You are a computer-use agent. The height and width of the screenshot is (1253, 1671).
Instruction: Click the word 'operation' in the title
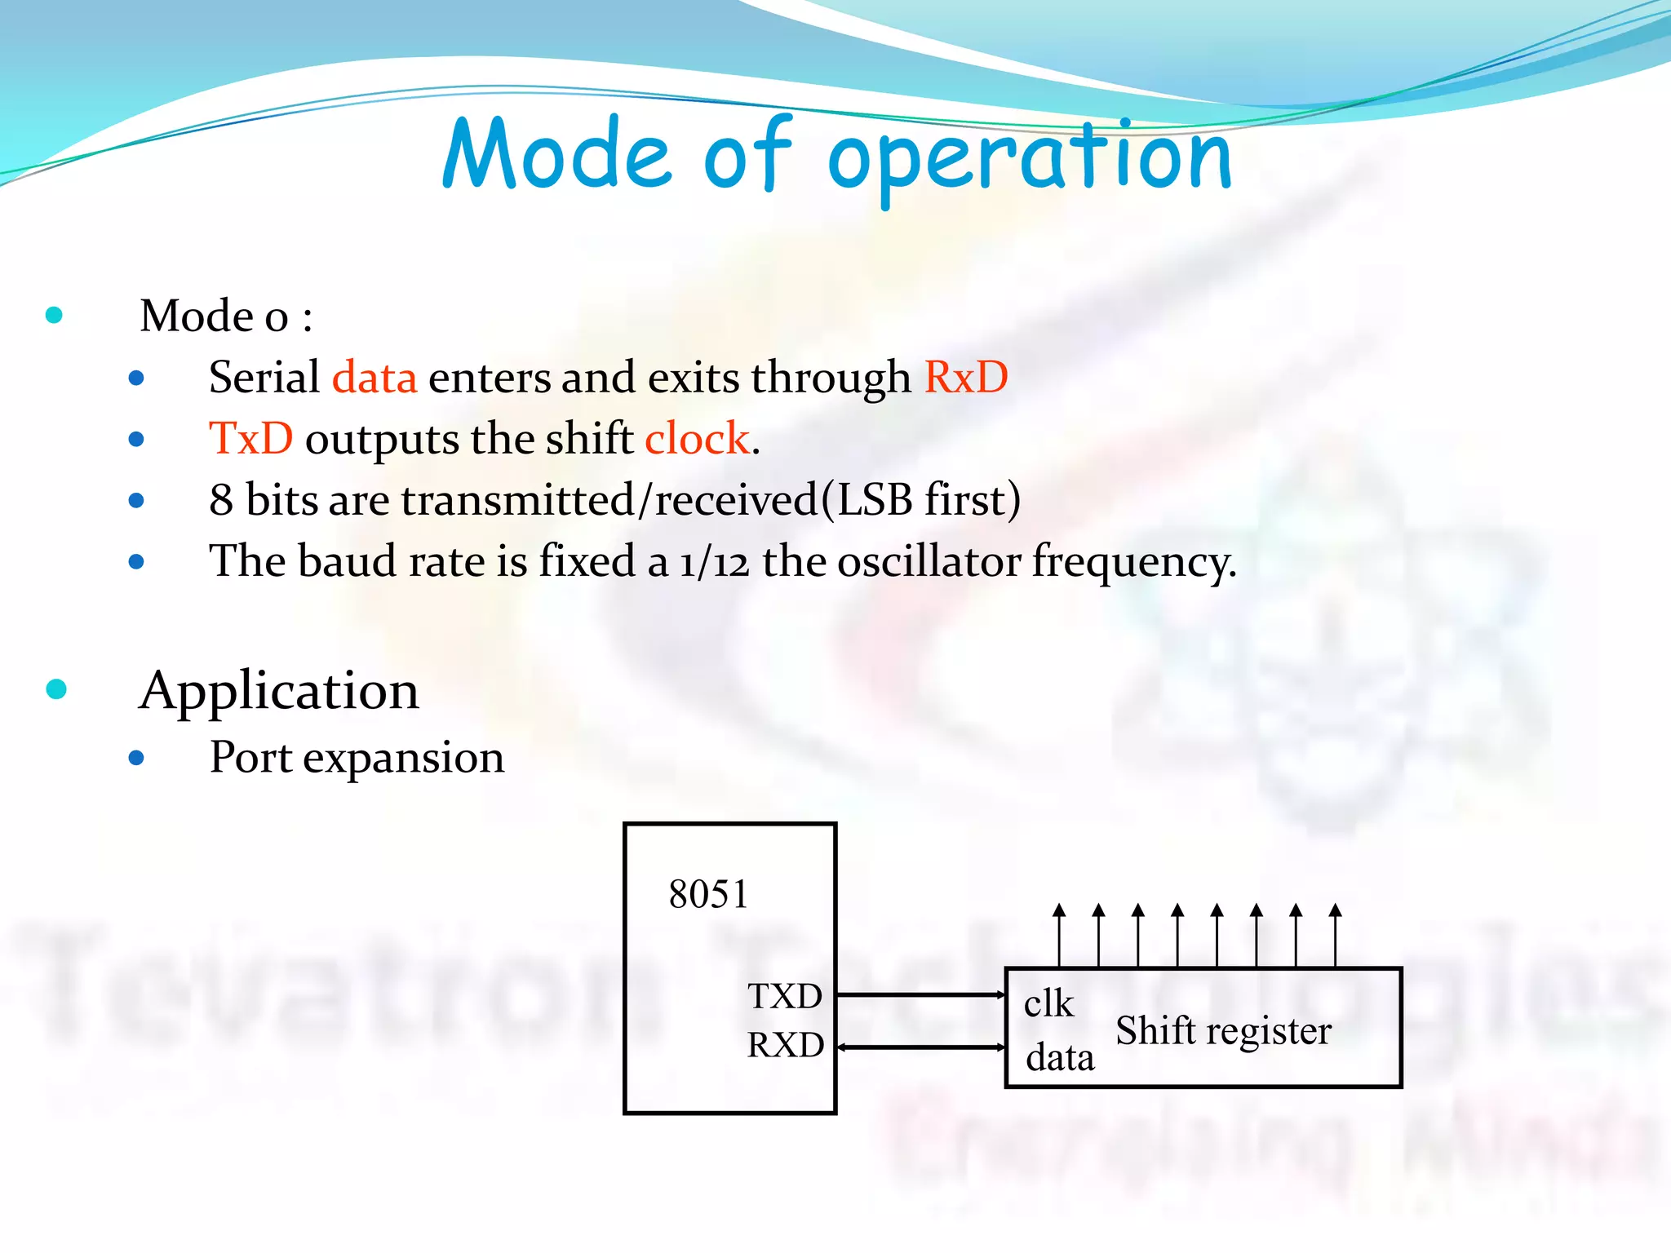tap(1030, 157)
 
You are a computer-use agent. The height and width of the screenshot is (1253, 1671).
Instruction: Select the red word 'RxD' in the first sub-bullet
tap(966, 378)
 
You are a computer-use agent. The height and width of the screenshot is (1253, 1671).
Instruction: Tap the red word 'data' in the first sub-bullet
tap(375, 378)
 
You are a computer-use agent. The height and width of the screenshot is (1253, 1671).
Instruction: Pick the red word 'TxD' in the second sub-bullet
tap(250, 439)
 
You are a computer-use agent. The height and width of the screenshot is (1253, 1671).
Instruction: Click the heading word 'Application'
tap(279, 691)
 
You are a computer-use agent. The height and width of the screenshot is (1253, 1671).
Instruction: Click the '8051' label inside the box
tap(708, 894)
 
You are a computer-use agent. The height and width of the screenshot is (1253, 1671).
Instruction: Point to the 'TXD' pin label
tap(785, 996)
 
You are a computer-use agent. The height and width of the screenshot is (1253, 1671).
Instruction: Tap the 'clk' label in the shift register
tap(1048, 1003)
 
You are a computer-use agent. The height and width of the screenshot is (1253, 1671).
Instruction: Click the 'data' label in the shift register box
tap(1060, 1058)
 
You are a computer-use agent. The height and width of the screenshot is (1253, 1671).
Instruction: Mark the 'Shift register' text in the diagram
tap(1223, 1030)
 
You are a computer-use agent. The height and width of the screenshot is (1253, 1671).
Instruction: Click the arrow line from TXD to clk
tap(920, 994)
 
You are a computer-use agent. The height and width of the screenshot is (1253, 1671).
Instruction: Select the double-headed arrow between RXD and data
tap(920, 1047)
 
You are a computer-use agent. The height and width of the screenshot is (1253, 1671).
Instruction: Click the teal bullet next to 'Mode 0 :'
tap(55, 315)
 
